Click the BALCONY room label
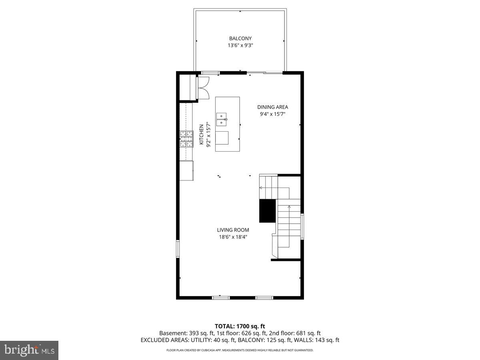pos(240,38)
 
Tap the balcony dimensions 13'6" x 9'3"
pos(240,46)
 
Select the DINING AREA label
pos(272,107)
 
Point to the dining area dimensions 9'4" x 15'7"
pos(272,114)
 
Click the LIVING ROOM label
pos(233,230)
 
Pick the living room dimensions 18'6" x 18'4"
pos(233,237)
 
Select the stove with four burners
pos(186,139)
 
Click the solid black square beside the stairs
pos(268,211)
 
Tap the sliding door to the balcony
pos(265,73)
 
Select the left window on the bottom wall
pos(221,298)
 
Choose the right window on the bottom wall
pos(264,298)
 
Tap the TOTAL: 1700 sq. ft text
pos(240,326)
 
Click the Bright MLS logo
pos(29,350)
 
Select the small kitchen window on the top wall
pos(210,73)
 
